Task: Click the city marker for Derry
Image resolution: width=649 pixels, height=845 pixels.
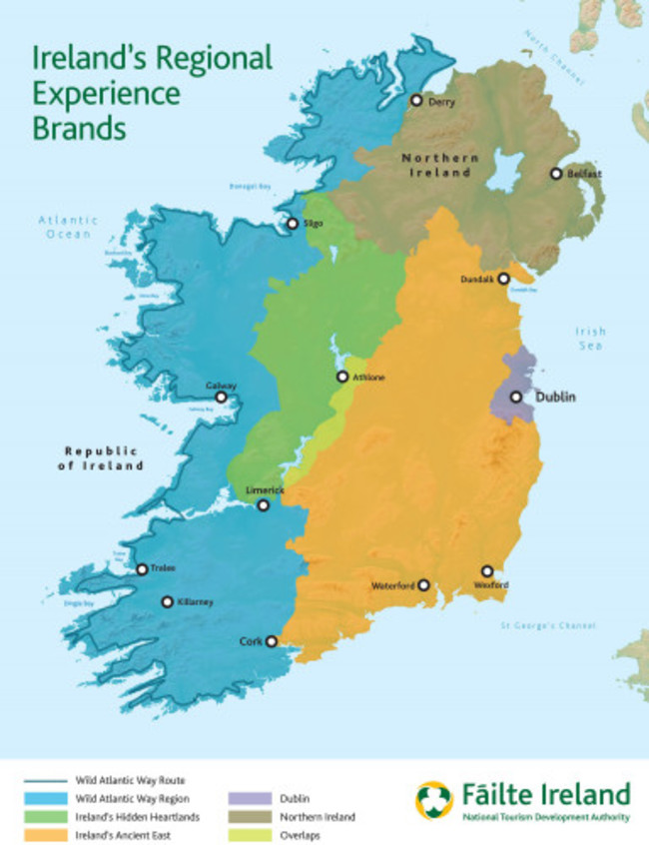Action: [x=416, y=100]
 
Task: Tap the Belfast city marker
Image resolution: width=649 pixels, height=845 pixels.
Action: [x=556, y=174]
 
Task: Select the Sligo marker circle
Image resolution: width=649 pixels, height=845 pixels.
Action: [x=293, y=224]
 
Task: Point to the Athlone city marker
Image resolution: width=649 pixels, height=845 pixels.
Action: [x=342, y=377]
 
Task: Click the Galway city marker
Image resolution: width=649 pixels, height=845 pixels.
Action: [x=222, y=397]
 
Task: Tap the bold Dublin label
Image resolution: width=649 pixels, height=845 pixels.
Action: [x=556, y=397]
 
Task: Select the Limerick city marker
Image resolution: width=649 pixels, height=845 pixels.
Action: [x=264, y=505]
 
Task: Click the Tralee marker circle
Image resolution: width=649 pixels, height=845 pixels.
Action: [x=142, y=569]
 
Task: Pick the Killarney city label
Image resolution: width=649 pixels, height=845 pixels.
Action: [x=195, y=602]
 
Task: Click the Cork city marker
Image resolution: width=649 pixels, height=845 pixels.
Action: [x=271, y=642]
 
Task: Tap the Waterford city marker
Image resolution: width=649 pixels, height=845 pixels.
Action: [x=423, y=585]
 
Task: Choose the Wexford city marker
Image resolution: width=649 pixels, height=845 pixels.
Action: [x=487, y=571]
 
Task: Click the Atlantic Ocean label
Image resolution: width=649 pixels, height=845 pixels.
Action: [x=68, y=227]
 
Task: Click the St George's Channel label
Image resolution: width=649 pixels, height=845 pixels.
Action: [x=548, y=626]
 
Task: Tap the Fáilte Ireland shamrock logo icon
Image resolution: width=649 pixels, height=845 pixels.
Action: [x=434, y=800]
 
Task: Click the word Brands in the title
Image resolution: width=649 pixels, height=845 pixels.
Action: [x=80, y=129]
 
